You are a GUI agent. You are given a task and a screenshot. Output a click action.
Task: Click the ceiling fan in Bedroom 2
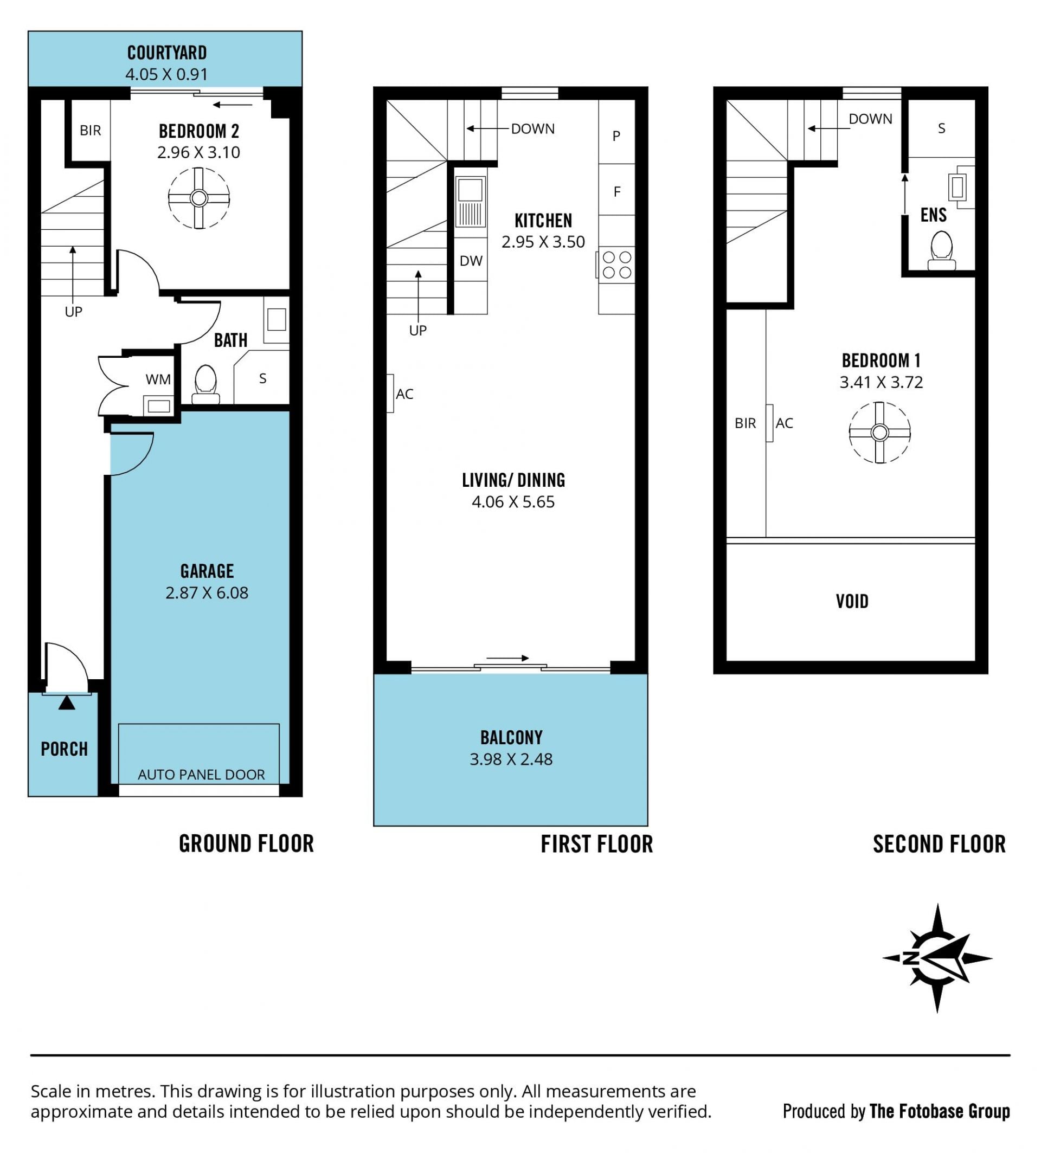(x=199, y=198)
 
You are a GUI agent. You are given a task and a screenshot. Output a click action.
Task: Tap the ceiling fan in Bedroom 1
(x=880, y=433)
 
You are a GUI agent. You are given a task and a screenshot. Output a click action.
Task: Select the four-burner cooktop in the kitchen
(x=616, y=265)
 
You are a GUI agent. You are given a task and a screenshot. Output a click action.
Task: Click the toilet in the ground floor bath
(x=206, y=384)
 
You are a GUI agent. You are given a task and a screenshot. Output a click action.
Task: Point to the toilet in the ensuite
(x=941, y=250)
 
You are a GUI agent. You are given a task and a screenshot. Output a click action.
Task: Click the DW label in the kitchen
(x=471, y=261)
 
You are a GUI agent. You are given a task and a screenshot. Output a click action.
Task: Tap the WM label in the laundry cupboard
(x=158, y=379)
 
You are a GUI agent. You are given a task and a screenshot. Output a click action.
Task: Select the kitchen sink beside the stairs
(x=470, y=202)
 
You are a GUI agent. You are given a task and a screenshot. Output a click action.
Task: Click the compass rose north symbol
(x=936, y=958)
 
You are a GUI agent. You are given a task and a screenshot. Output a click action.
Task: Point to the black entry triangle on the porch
(x=67, y=703)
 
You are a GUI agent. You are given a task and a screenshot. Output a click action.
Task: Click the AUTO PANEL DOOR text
(x=201, y=775)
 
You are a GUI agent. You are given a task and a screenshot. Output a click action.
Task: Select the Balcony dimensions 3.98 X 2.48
(x=511, y=759)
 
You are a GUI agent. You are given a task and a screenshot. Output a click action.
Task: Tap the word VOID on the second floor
(x=852, y=602)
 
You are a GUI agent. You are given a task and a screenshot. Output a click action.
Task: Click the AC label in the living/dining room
(x=404, y=394)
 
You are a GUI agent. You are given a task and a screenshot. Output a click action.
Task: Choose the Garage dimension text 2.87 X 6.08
(x=207, y=593)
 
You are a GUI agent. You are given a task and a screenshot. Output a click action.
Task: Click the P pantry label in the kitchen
(x=616, y=136)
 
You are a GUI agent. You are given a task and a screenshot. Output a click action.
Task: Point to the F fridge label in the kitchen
(x=616, y=191)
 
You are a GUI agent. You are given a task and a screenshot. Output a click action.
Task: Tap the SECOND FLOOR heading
(x=939, y=845)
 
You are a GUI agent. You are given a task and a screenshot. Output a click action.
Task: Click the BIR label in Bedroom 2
(x=91, y=131)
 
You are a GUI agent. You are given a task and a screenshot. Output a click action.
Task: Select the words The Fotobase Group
(x=940, y=1111)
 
